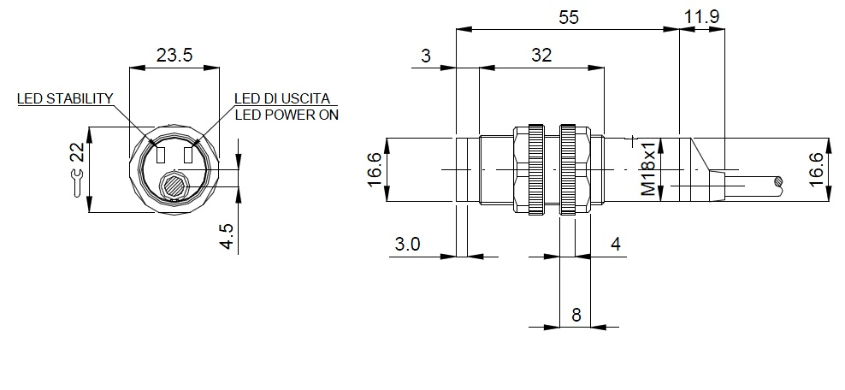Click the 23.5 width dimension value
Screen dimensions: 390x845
pyautogui.click(x=174, y=56)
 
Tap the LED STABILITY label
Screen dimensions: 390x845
pyautogui.click(x=65, y=98)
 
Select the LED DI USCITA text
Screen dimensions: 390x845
pyautogui.click(x=281, y=98)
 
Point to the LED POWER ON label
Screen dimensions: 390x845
pyautogui.click(x=286, y=115)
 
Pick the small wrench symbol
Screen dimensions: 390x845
pyautogui.click(x=78, y=183)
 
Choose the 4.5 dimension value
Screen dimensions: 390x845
pyautogui.click(x=227, y=236)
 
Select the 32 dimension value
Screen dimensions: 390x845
pyautogui.click(x=541, y=56)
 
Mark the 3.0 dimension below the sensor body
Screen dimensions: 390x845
pyautogui.click(x=407, y=245)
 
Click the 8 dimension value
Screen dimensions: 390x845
pyautogui.click(x=576, y=315)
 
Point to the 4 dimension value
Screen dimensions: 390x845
pyautogui.click(x=616, y=245)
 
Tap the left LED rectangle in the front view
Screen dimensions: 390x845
pyautogui.click(x=160, y=155)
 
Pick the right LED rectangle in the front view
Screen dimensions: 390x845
pyautogui.click(x=188, y=155)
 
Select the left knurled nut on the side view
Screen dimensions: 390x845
pyautogui.click(x=535, y=170)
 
